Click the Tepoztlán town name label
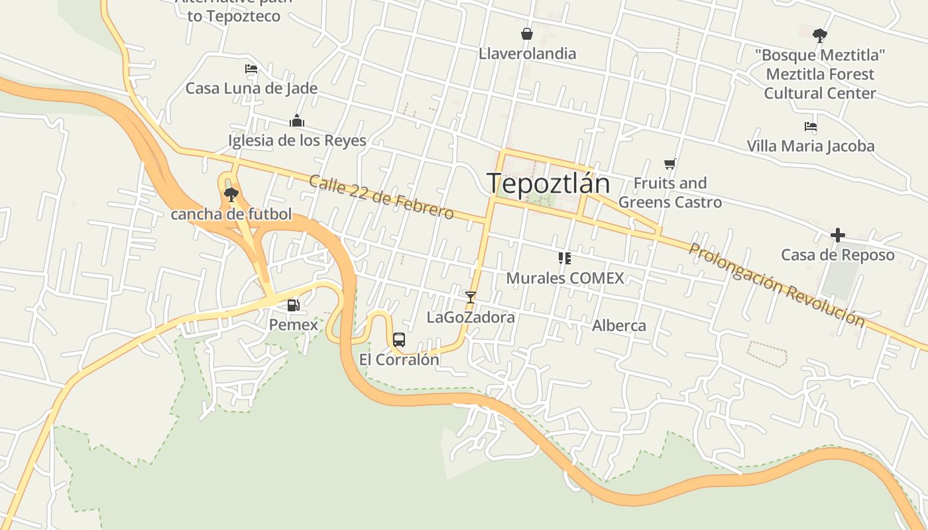[548, 183]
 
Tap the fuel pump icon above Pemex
[293, 305]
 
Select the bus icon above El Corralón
[399, 340]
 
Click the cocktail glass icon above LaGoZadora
[471, 297]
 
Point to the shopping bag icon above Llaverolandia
[527, 34]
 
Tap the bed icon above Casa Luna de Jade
[251, 68]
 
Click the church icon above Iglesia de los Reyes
[297, 121]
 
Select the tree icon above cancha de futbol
[231, 194]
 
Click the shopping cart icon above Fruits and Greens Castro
[670, 164]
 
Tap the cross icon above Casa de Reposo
[838, 235]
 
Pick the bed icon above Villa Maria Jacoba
[810, 127]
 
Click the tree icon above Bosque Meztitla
[820, 35]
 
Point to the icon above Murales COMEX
[565, 258]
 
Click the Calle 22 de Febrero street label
[381, 197]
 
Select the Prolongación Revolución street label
[776, 285]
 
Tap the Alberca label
[618, 325]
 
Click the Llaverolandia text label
[527, 54]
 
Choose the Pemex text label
[293, 325]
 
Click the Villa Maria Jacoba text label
[810, 146]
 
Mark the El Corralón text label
[399, 360]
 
